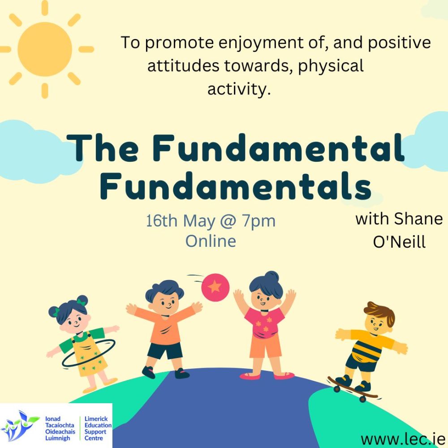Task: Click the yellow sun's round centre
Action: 44,49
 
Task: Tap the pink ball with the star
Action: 215,287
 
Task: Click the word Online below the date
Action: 211,241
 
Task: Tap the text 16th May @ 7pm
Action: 211,221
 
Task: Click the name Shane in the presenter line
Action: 418,219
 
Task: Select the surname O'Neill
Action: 399,242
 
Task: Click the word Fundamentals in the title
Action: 236,185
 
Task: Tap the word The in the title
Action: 103,148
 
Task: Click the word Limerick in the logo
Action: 96,419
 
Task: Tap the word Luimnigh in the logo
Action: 57,438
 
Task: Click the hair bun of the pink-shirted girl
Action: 271,276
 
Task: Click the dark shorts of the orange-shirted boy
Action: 165,351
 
